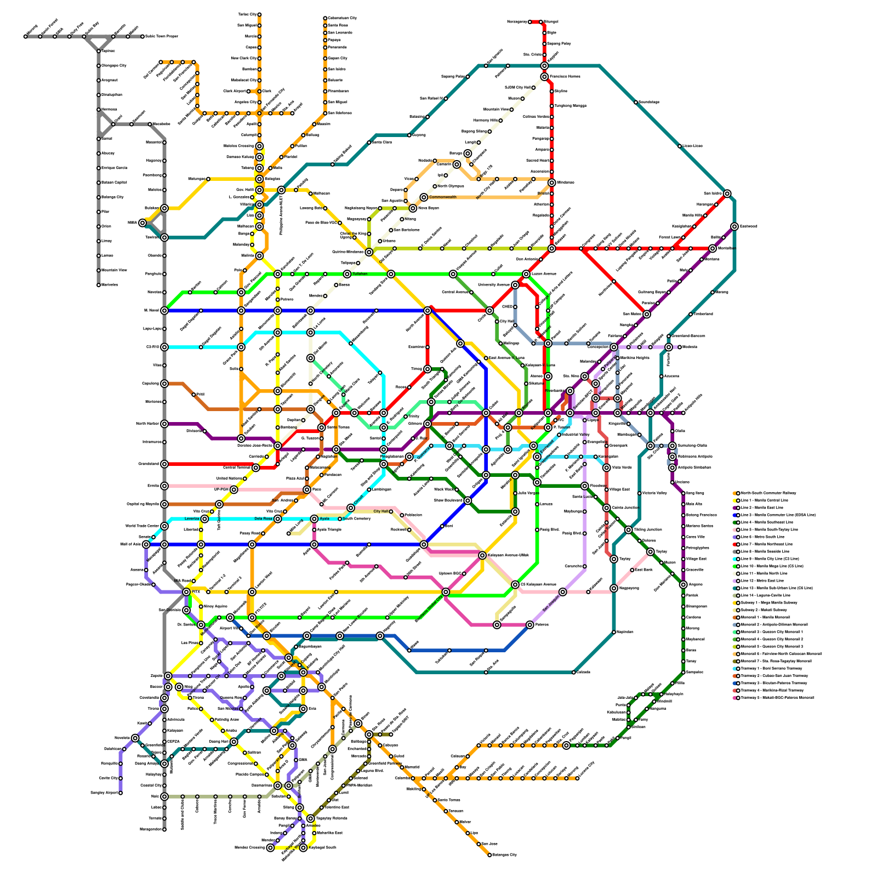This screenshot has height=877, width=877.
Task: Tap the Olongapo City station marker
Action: click(99, 66)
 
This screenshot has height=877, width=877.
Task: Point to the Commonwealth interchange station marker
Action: click(424, 197)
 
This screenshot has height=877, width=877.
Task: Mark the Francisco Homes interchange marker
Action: click(544, 77)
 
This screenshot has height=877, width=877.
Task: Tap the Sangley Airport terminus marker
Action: click(121, 793)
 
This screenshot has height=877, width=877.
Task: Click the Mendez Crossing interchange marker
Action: click(270, 848)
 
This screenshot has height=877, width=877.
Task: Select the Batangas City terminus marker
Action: click(489, 855)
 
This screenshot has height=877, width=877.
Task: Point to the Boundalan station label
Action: click(648, 102)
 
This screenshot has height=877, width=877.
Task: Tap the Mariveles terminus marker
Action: click(99, 285)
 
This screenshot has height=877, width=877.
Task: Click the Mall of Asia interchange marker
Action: click(146, 544)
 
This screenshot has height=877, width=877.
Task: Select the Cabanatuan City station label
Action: click(343, 18)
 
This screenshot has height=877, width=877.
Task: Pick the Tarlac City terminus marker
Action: click(259, 15)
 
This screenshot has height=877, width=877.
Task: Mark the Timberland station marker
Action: click(691, 314)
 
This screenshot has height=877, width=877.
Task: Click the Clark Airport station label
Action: click(235, 91)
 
